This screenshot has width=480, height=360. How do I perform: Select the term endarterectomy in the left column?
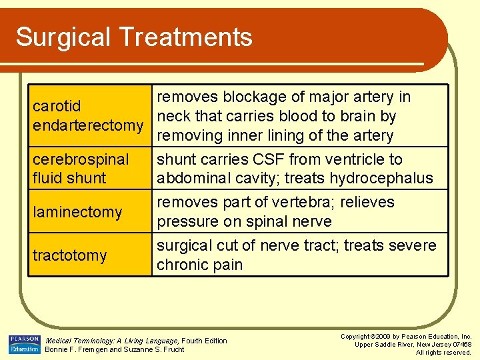pos(88,126)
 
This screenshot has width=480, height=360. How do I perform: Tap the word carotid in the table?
pos(57,106)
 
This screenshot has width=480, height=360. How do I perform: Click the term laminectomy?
pos(78,213)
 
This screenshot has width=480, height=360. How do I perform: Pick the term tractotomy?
pos(70,255)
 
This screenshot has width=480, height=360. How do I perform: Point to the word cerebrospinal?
pos(81,160)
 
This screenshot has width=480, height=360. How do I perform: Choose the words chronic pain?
pos(199,265)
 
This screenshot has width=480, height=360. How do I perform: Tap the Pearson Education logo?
pos(24,344)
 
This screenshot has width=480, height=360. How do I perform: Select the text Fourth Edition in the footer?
pos(204,341)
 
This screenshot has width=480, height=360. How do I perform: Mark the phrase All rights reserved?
pos(443,353)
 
